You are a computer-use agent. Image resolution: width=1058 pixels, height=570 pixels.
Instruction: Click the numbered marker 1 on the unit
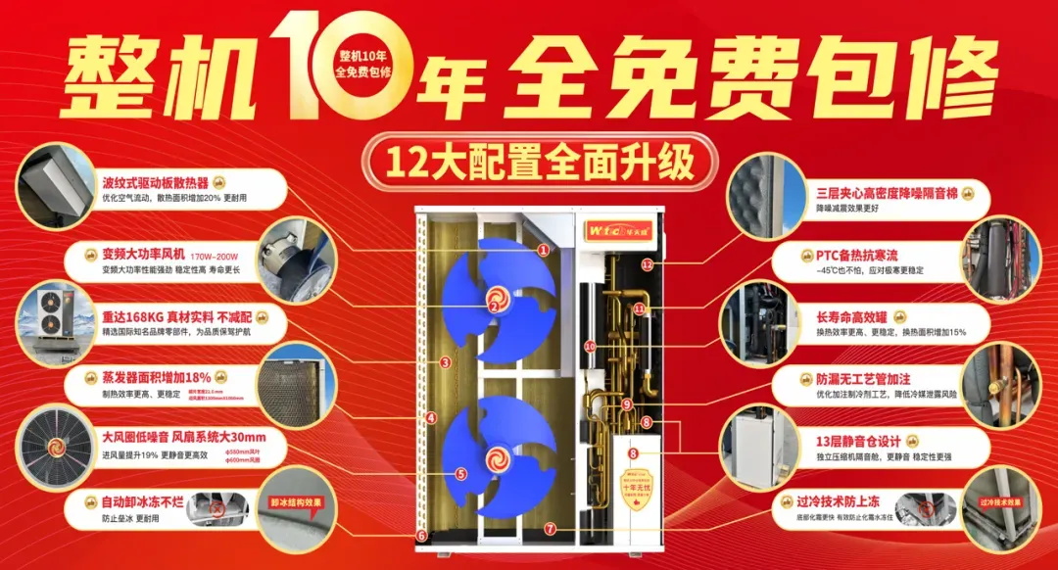pos(543,250)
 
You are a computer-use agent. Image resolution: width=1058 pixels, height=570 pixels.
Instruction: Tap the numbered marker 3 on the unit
pos(445,362)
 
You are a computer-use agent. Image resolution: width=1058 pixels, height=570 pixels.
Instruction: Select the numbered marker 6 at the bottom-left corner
pos(421,536)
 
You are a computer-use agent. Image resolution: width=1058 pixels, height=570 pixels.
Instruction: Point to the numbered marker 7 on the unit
pos(551,529)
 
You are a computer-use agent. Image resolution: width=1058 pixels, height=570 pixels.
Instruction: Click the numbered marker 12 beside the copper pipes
pos(647,264)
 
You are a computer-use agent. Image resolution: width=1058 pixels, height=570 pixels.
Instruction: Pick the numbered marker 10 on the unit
pos(590,346)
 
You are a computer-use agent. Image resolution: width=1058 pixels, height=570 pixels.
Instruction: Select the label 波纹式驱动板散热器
pos(156,182)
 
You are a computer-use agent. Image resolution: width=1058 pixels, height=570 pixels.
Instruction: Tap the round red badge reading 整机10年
pos(363,63)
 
